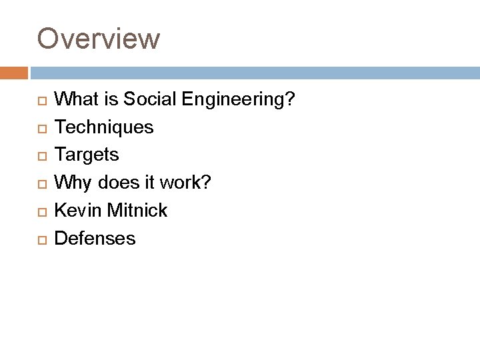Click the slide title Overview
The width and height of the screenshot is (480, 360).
[x=99, y=38]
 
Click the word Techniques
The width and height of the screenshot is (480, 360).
[x=103, y=127]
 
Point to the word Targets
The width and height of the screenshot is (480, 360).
[x=87, y=155]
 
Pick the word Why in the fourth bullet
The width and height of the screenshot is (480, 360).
[x=69, y=183]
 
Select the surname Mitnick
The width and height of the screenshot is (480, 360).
[x=136, y=210]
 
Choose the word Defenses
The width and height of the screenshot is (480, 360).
[x=95, y=238]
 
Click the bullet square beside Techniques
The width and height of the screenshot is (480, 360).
[x=41, y=128]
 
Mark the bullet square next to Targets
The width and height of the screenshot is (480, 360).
[x=41, y=156]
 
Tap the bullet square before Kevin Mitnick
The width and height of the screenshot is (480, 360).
[x=41, y=211]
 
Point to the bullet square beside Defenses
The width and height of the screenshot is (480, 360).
[x=41, y=239]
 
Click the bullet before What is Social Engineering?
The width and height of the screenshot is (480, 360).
[x=41, y=101]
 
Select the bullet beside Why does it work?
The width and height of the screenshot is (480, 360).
[x=41, y=184]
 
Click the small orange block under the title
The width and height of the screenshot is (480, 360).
[x=14, y=72]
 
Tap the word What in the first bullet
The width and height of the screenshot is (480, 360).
[x=75, y=99]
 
